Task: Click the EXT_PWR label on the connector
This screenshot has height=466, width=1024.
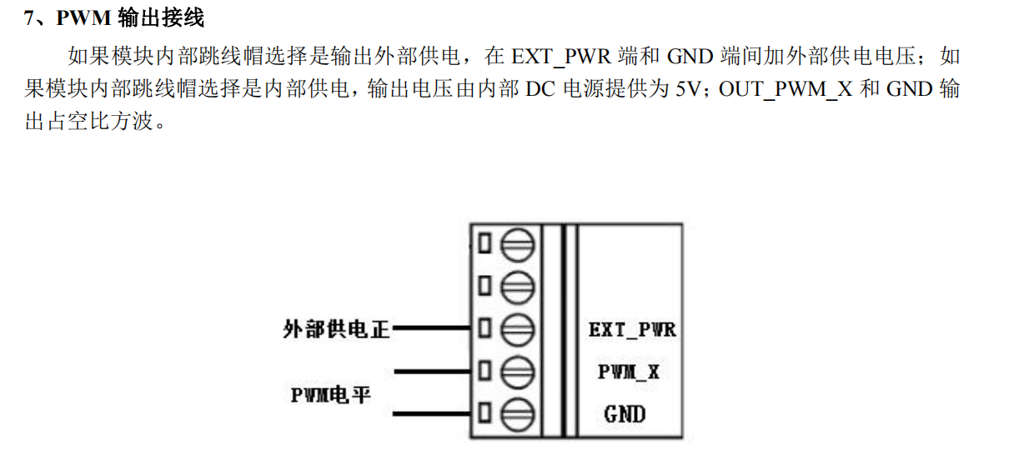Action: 632,329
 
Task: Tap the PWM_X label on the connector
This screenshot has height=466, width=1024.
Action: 628,372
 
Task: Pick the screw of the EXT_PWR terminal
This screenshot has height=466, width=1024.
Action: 517,328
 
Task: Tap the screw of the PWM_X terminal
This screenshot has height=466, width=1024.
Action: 517,370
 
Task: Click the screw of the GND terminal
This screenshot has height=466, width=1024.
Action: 517,413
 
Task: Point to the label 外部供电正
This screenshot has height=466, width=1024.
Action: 336,329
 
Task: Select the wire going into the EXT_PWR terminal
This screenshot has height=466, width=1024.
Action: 434,328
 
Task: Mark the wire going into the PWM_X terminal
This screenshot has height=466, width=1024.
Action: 434,370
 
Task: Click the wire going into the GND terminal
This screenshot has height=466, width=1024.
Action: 434,413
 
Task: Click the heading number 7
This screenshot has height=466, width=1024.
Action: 29,18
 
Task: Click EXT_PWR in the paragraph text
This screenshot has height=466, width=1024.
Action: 564,57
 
